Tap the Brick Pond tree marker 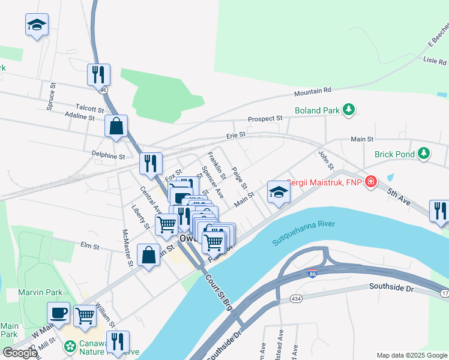click(424, 154)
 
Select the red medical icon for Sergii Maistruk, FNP click(371, 181)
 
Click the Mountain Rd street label click(312, 92)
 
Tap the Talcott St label click(89, 109)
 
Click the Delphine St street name click(107, 156)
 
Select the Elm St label click(89, 245)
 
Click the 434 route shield click(279, 298)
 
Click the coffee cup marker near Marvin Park click(59, 313)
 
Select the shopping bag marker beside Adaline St click(116, 127)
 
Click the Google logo click(20, 353)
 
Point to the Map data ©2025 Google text click(412, 355)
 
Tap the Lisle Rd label click(435, 61)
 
